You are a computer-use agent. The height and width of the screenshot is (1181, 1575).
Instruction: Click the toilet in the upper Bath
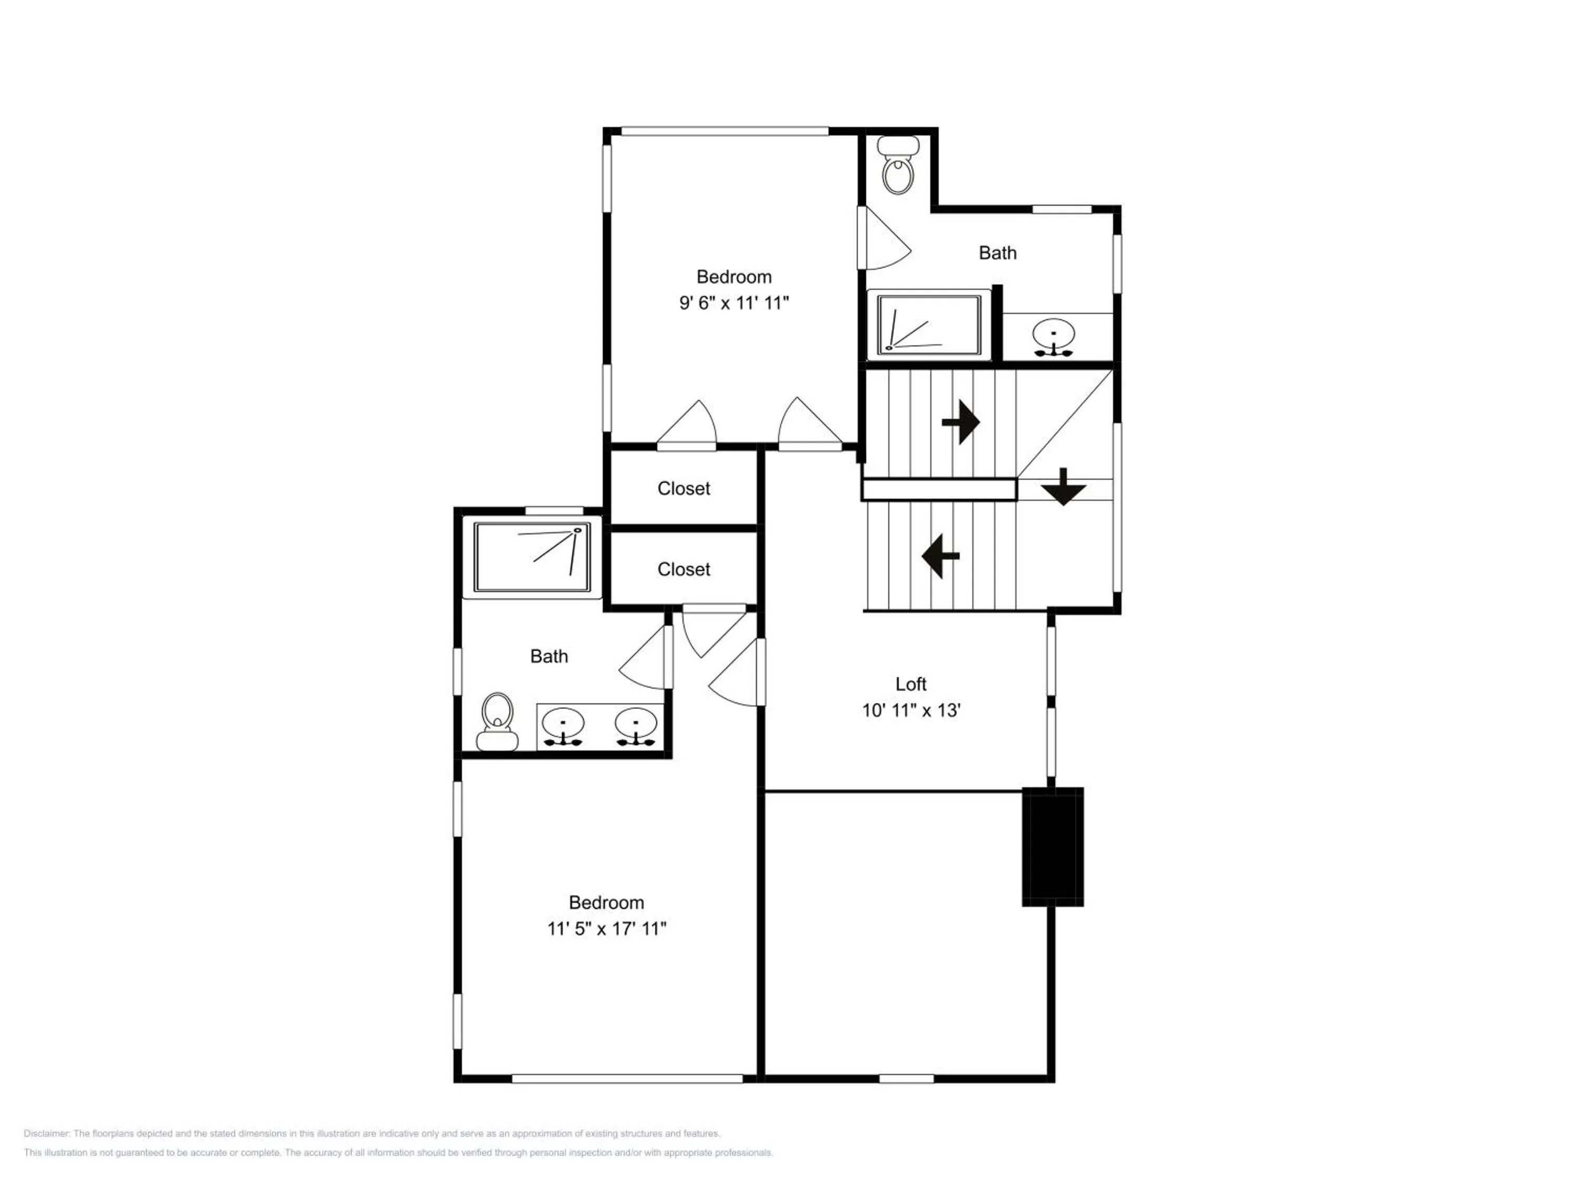click(x=898, y=165)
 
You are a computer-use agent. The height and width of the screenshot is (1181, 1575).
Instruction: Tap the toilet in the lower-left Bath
click(x=497, y=721)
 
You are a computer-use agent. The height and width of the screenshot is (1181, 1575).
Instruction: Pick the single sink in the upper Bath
click(x=1053, y=338)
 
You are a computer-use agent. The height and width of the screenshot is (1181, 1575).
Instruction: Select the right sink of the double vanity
click(x=636, y=727)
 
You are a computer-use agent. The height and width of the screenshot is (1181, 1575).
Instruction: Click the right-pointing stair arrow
click(x=961, y=422)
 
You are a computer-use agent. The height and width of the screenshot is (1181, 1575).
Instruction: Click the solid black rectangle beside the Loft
click(x=1053, y=847)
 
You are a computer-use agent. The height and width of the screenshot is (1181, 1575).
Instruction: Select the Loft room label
click(x=911, y=684)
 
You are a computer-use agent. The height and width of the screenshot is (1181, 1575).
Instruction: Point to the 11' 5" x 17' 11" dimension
click(x=607, y=929)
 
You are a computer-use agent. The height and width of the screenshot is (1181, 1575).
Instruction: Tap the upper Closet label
click(x=684, y=488)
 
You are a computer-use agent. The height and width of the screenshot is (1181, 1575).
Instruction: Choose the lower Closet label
click(x=684, y=570)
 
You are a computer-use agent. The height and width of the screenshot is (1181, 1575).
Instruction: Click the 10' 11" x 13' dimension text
click(x=911, y=711)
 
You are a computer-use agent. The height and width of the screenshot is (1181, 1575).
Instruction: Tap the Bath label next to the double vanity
click(x=549, y=656)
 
